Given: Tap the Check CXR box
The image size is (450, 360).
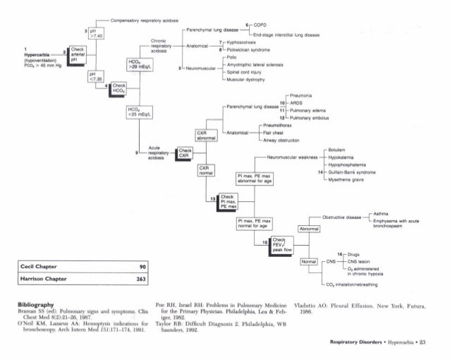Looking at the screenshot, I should (x=186, y=153).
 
